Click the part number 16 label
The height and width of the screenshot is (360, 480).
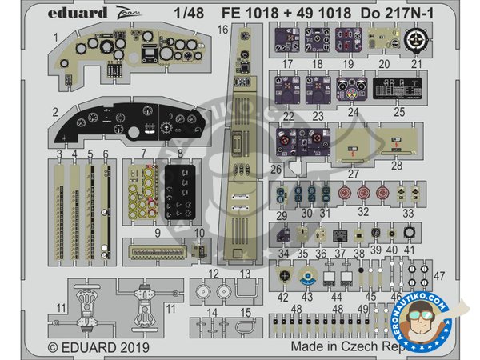pyautogui.click(x=222, y=30)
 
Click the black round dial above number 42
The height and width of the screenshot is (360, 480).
pyautogui.click(x=285, y=276)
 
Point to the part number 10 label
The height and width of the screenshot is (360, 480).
pyautogui.click(x=200, y=234)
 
